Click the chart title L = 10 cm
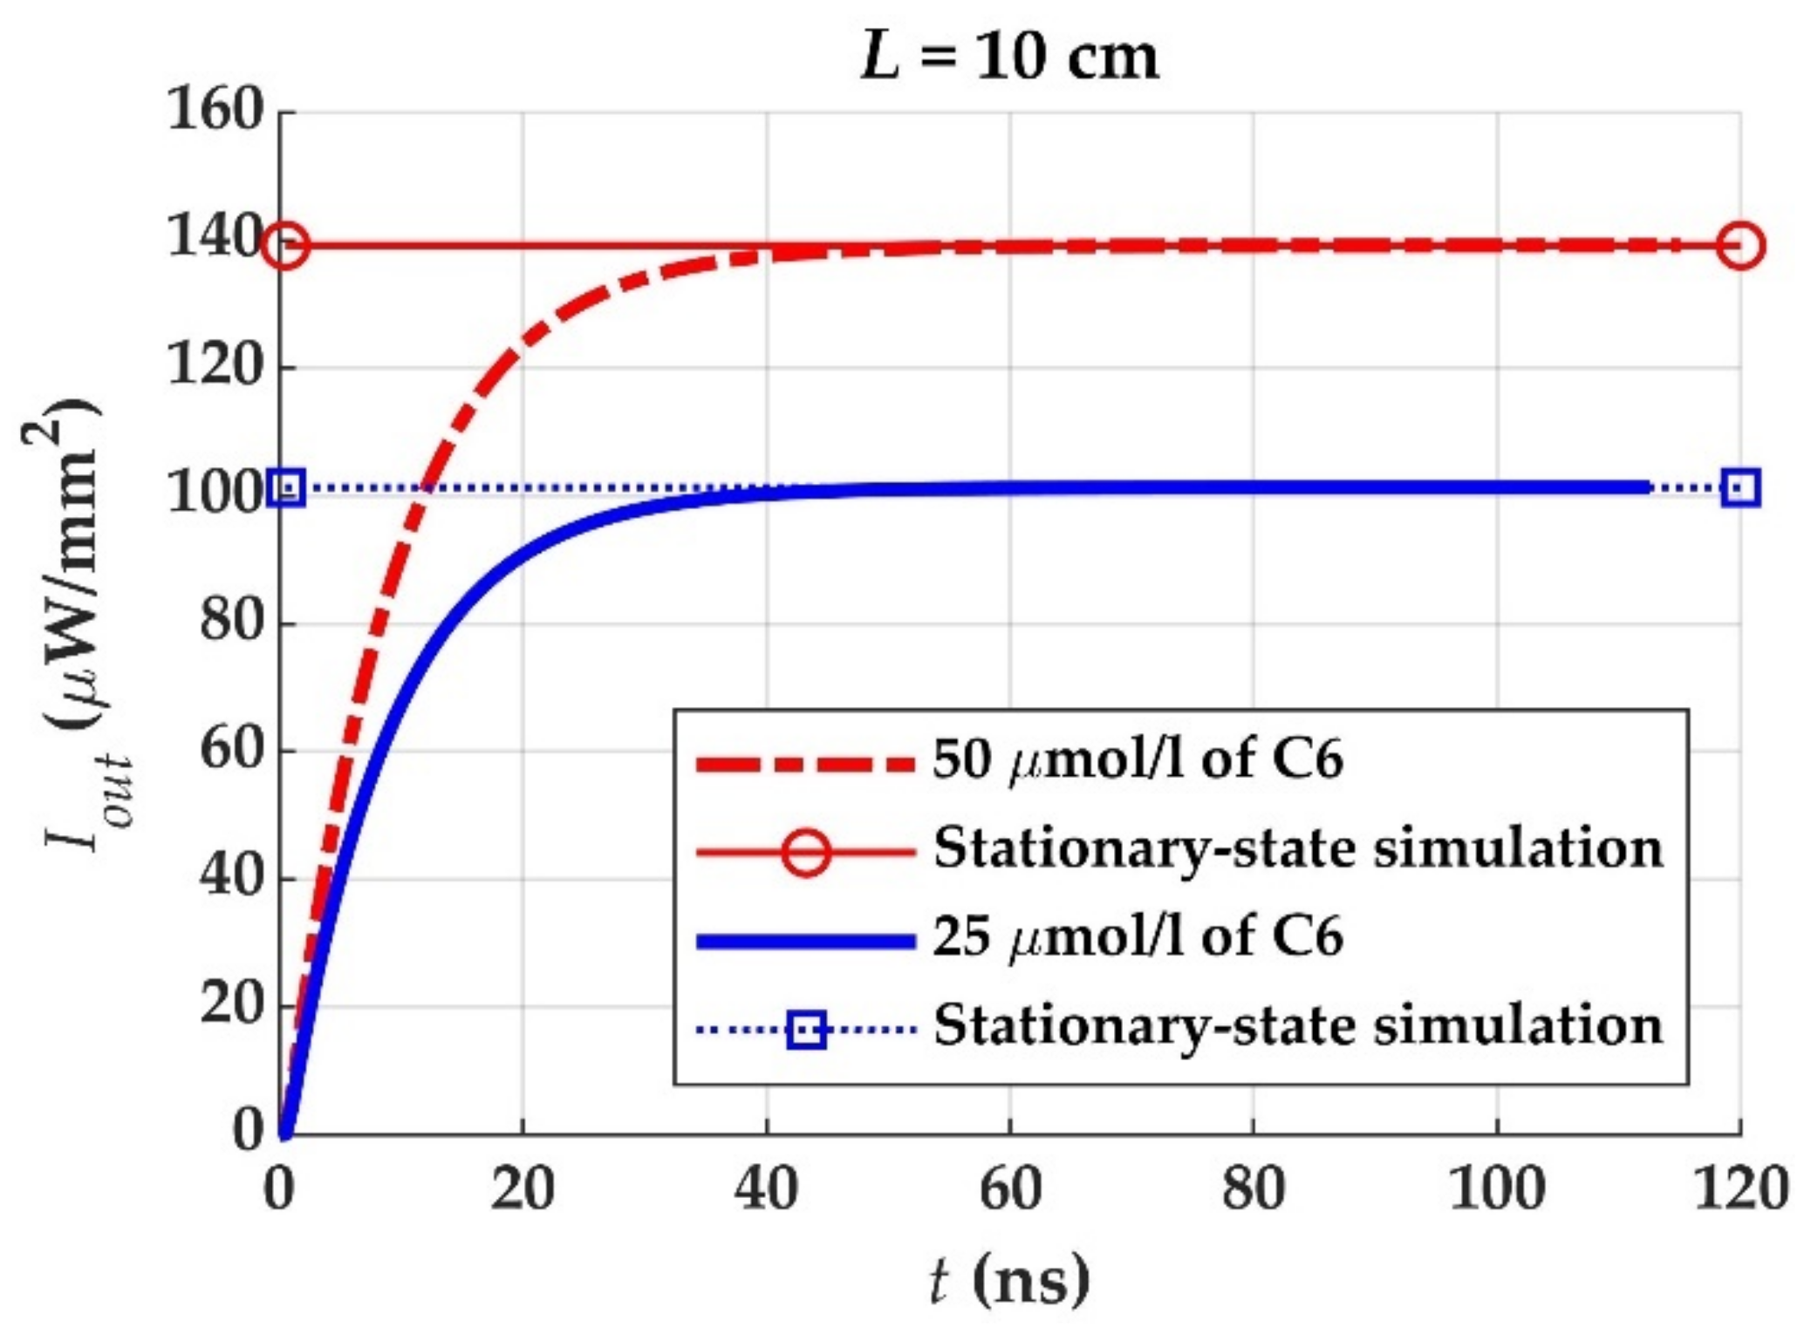(1009, 58)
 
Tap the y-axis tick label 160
(215, 111)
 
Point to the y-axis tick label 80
(231, 623)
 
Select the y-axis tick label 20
(231, 1005)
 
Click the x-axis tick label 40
(765, 1189)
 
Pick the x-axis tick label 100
(1496, 1189)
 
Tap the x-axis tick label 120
(1739, 1189)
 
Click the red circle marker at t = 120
(1740, 246)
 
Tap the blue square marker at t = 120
(1740, 487)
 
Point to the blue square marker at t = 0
(286, 487)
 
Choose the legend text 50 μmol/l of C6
(1138, 759)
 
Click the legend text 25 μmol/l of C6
(1138, 937)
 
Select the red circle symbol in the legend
(805, 850)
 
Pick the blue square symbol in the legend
(805, 1030)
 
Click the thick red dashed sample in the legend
(805, 765)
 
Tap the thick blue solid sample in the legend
(805, 941)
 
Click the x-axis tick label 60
(1009, 1189)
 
